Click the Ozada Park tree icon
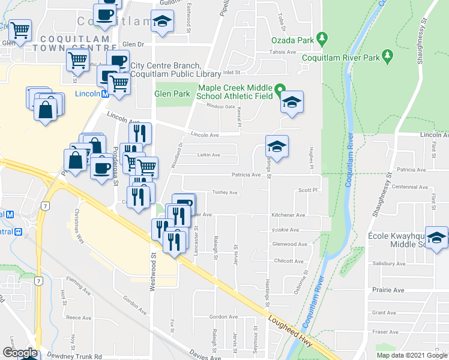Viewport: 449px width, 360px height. (x=322, y=38)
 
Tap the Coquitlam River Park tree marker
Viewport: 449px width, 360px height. (x=388, y=57)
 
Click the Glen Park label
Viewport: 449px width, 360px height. (x=172, y=94)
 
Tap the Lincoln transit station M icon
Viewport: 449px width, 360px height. (x=104, y=94)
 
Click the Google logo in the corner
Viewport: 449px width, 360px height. (x=19, y=352)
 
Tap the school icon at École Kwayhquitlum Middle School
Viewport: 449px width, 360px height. (x=436, y=238)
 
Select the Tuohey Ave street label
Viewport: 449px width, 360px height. (x=225, y=193)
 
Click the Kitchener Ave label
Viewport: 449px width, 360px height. (x=288, y=215)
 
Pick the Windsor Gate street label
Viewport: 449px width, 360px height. (x=221, y=106)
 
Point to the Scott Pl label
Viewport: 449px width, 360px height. (x=307, y=190)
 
